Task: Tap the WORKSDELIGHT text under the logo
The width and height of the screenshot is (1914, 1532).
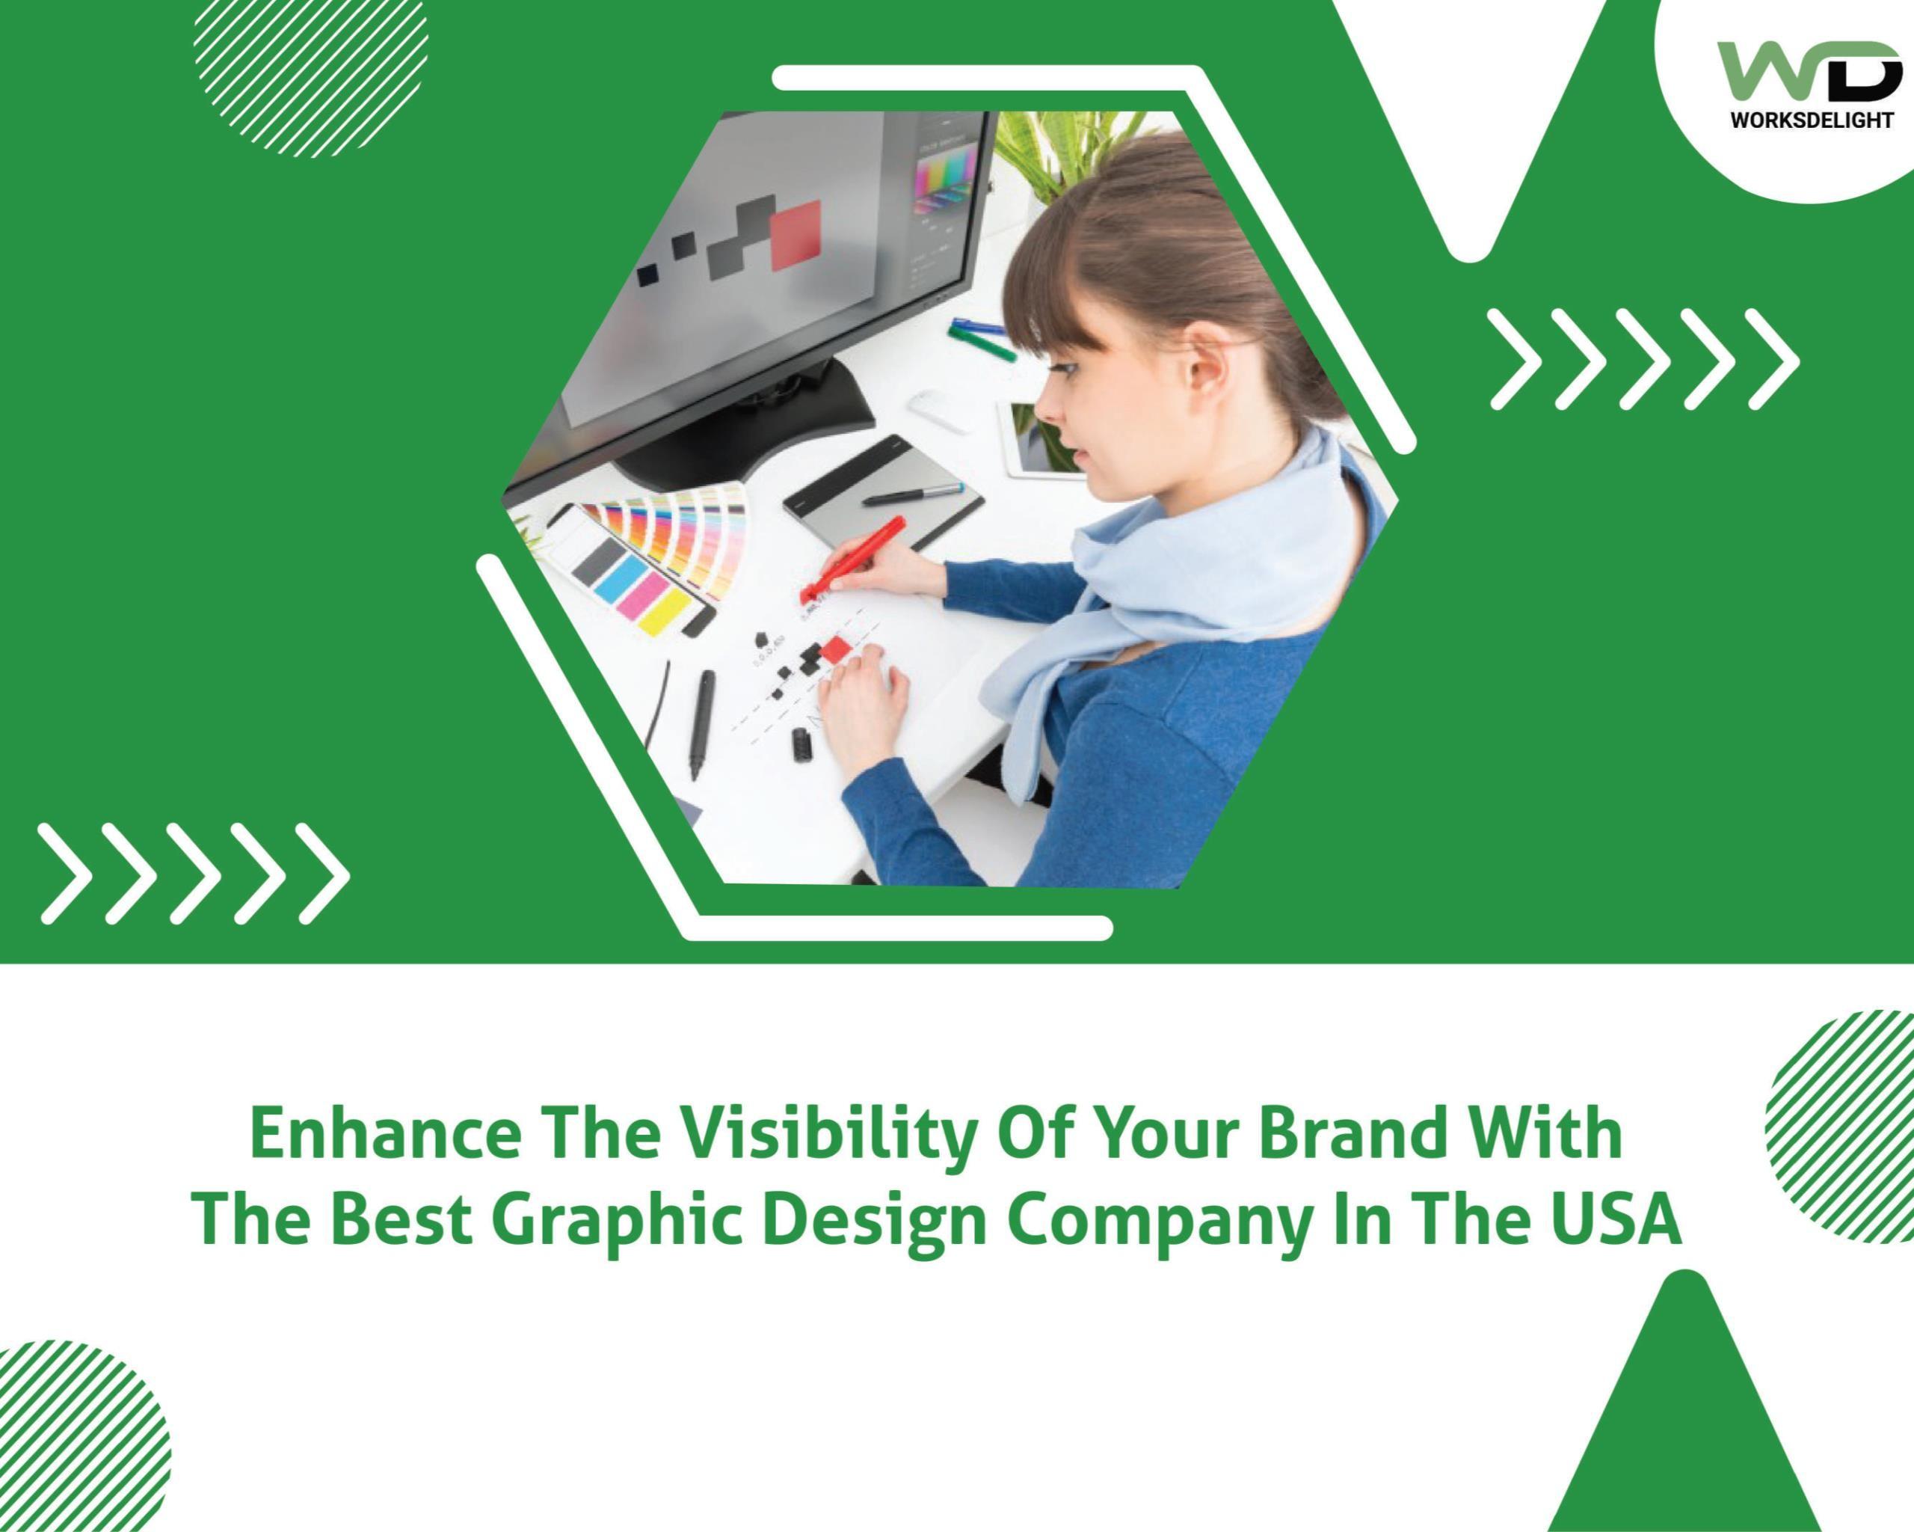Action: click(1811, 119)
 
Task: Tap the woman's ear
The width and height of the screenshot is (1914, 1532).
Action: click(1204, 364)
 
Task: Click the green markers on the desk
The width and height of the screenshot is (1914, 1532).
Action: click(981, 338)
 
